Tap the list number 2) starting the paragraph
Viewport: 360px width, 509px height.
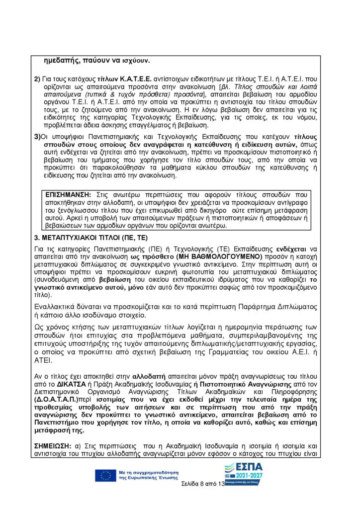pos(36,79)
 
